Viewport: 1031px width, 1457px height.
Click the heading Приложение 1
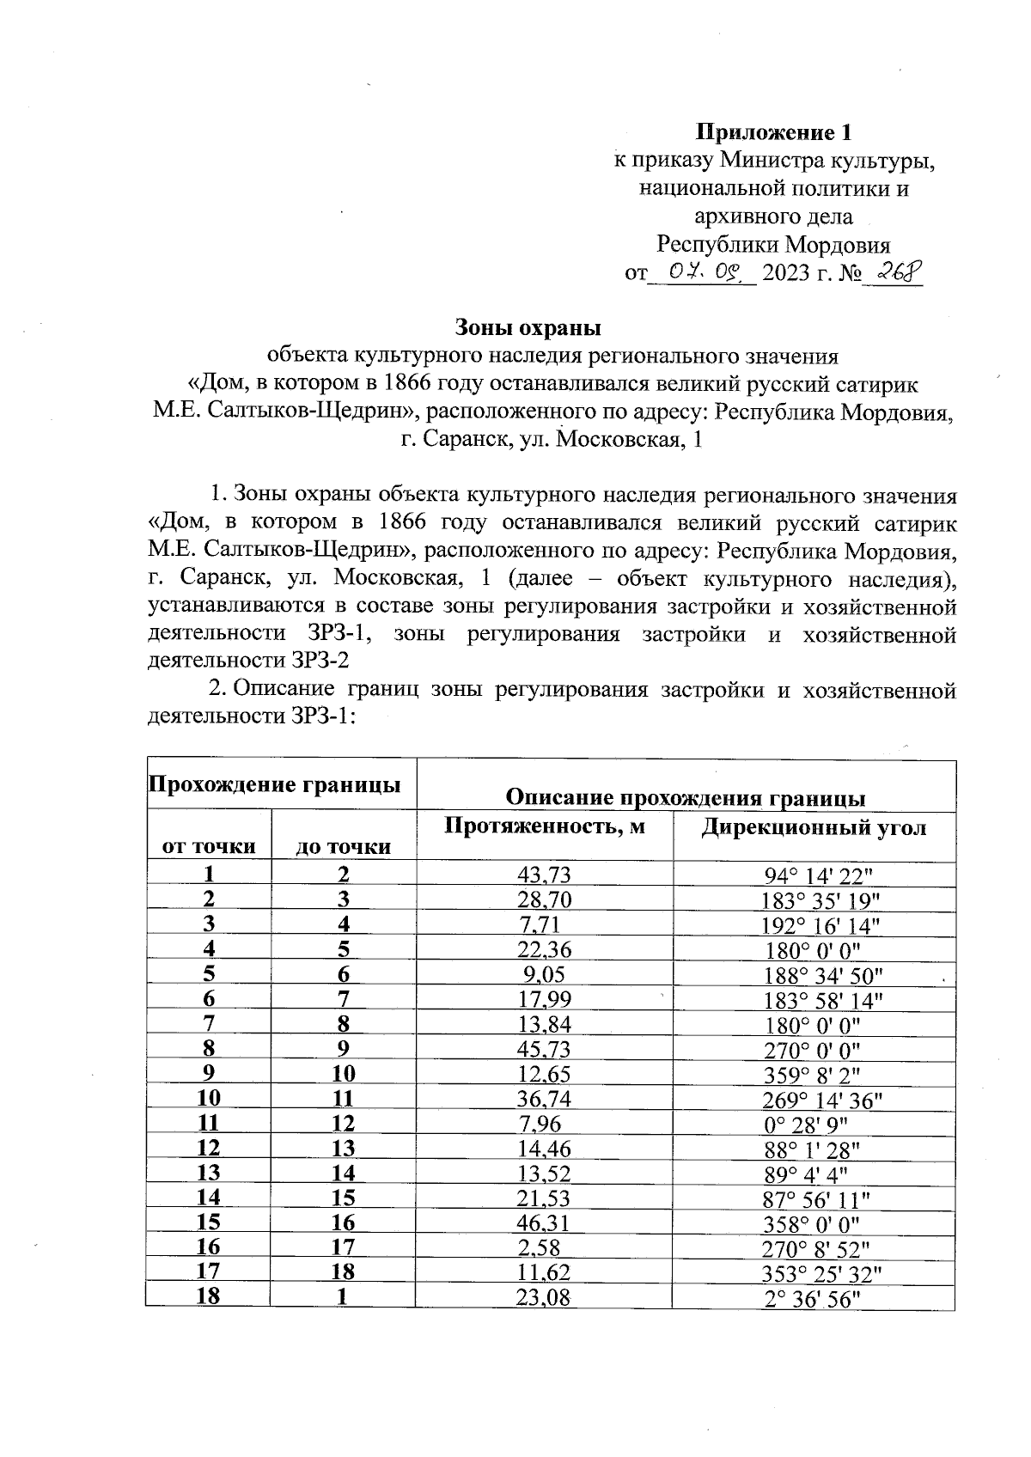[773, 133]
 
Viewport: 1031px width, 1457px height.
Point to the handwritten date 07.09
[704, 272]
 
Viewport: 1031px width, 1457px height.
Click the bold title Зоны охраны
[527, 327]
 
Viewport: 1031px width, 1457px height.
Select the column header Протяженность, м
[544, 827]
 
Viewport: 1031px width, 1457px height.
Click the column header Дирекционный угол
[814, 828]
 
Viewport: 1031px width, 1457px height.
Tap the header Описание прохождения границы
[686, 797]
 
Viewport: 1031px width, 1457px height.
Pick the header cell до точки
[343, 847]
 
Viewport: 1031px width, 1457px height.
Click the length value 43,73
[544, 875]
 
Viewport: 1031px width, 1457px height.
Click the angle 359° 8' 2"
[812, 1074]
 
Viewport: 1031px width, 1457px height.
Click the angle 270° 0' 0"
[812, 1050]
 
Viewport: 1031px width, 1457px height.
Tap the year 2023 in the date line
[786, 274]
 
